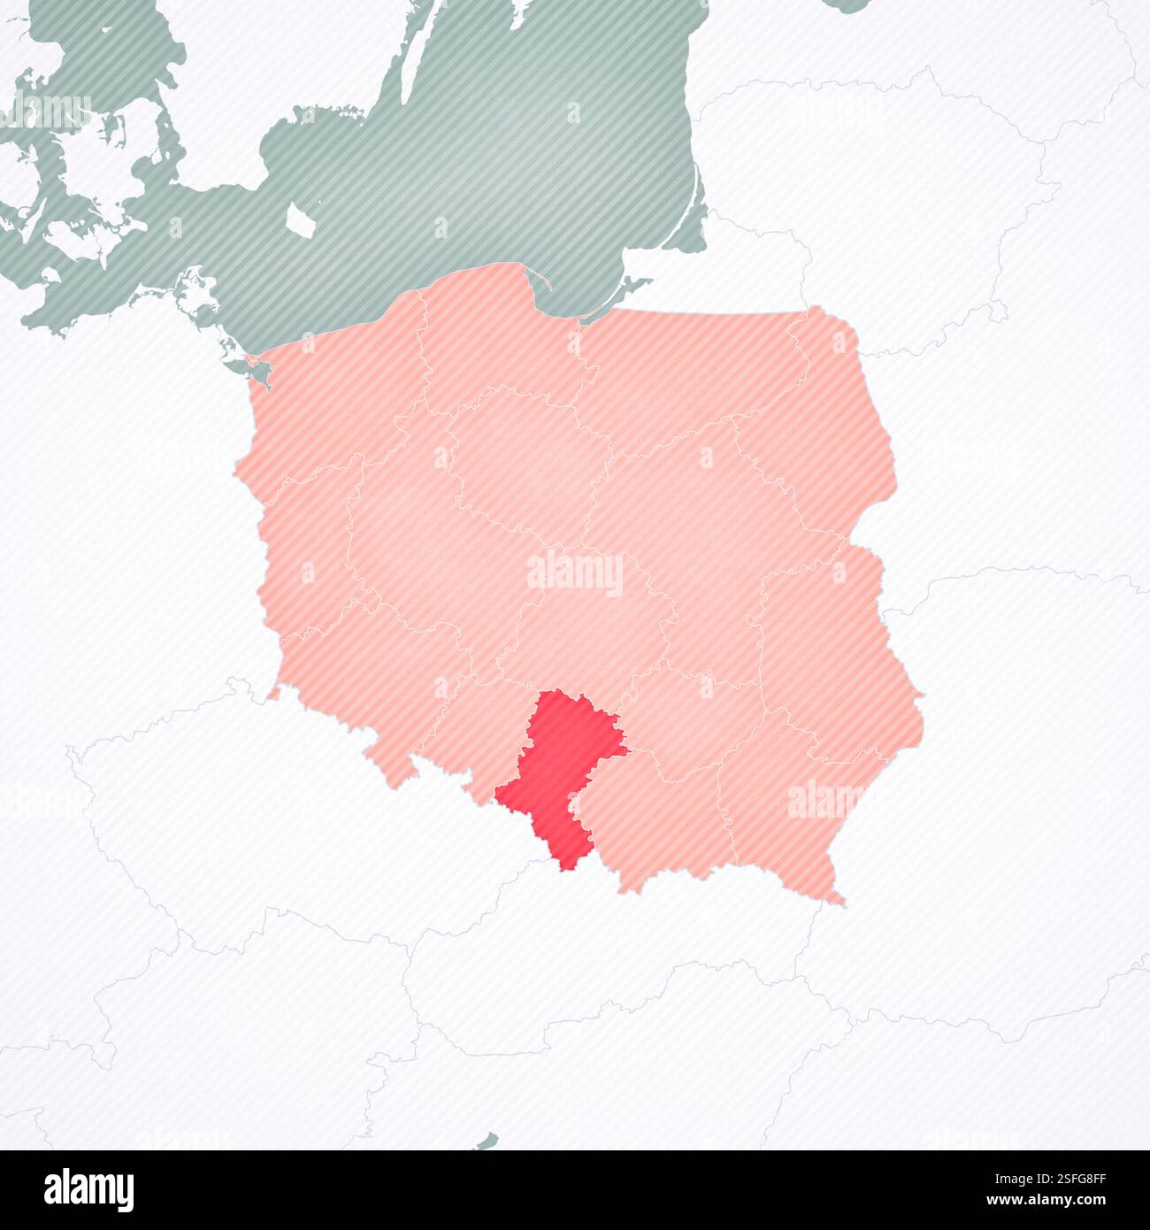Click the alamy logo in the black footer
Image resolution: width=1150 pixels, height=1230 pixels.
tap(88, 1190)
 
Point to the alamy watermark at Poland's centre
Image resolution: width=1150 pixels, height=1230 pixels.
tap(575, 573)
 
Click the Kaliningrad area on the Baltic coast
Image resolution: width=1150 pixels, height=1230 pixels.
tap(752, 265)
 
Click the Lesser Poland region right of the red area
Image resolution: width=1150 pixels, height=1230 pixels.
tap(655, 823)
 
